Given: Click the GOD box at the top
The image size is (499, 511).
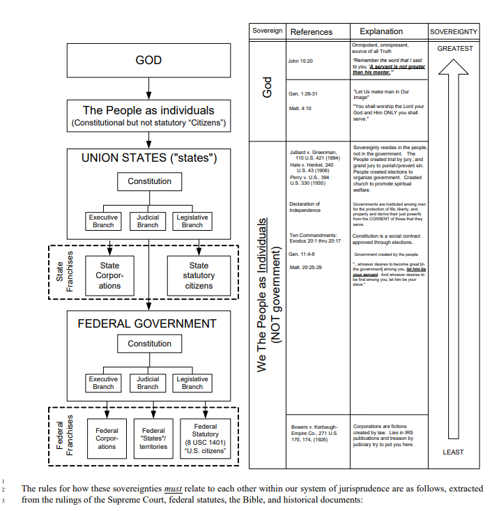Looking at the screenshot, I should point(148,61).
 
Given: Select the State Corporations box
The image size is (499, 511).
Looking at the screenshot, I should point(109,275).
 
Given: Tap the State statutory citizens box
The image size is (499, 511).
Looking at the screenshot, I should point(199,275).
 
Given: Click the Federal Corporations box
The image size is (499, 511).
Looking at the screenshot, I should point(107,438).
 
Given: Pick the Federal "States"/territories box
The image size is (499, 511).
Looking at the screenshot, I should point(153,438).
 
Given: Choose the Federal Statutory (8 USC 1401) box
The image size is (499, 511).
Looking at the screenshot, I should point(205,438).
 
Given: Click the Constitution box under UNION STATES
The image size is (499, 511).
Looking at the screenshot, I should point(149,181).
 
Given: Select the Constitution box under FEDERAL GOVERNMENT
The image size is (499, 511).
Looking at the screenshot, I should point(149,344).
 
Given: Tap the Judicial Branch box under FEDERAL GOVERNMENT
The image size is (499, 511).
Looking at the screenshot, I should point(148,383).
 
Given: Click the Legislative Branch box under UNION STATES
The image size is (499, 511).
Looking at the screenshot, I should point(192,221).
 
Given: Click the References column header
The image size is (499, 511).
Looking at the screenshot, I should point(311,31).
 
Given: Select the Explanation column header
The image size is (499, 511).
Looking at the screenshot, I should point(381,31).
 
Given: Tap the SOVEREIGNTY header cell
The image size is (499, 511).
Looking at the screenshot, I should point(454,31).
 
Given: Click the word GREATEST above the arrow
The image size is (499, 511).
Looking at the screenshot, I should point(454,49).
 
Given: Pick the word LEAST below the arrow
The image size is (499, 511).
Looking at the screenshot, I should point(453,452).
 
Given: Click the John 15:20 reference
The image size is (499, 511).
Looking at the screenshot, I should point(300,61).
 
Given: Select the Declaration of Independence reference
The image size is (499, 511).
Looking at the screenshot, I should point(305,207).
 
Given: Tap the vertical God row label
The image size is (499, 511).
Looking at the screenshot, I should point(268,87).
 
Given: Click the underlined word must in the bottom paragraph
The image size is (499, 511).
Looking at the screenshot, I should point(173,489).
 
